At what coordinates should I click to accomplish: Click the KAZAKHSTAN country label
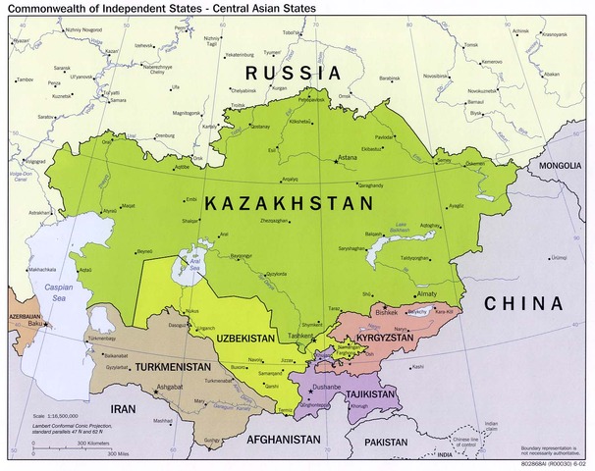(x=289, y=204)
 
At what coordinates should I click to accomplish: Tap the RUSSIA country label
(x=293, y=73)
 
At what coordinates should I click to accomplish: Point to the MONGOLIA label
(x=561, y=166)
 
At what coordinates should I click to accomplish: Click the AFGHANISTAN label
(x=285, y=439)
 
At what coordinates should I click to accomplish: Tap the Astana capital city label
(x=348, y=158)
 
